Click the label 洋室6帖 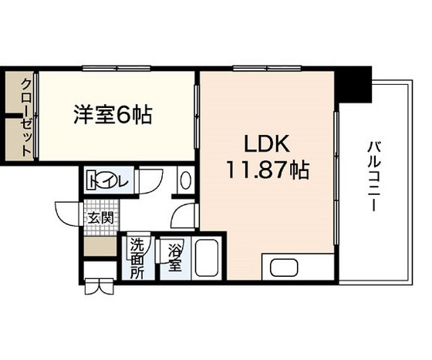tap(113, 116)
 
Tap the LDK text tap(267, 145)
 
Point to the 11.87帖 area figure tap(267, 170)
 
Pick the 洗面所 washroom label tap(137, 257)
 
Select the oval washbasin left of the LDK tap(184, 182)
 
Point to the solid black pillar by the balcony tap(357, 85)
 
